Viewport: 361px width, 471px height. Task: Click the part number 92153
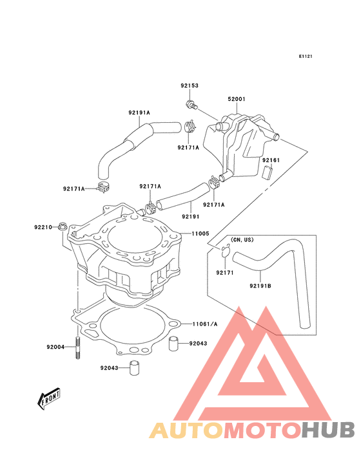pos(190,86)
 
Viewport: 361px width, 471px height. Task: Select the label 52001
pos(237,99)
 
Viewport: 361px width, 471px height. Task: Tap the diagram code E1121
pos(306,57)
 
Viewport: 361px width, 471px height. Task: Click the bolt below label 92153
pos(191,104)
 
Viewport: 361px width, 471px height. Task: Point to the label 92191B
pos(260,286)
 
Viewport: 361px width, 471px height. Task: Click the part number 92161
pos(271,160)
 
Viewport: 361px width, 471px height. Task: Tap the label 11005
pos(200,234)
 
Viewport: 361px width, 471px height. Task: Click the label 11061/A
pos(205,324)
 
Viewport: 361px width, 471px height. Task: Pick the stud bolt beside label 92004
pos(78,349)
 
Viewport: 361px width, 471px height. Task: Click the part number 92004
pos(55,347)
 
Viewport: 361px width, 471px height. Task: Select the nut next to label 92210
pos(63,226)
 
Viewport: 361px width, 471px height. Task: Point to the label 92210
pos(43,227)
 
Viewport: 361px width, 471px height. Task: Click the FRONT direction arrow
pos(48,399)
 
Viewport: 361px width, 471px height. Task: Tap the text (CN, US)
pos(242,240)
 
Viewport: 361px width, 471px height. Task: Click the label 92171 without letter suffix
pos(225,273)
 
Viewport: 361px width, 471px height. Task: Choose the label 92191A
pos(139,113)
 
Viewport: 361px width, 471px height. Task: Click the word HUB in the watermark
pos(329,430)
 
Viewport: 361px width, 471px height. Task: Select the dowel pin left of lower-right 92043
pos(173,344)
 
